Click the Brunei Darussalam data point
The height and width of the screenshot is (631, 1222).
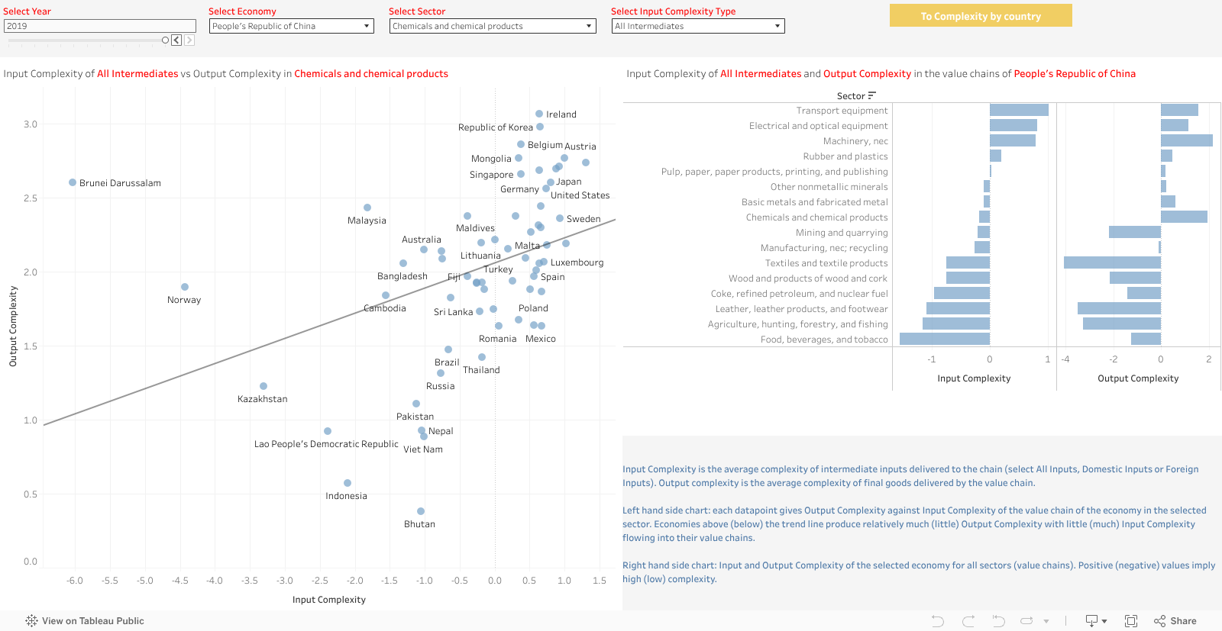(x=73, y=182)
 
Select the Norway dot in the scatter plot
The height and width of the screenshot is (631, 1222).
(x=185, y=287)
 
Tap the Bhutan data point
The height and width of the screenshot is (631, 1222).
(x=421, y=511)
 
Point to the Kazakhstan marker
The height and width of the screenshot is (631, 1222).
(x=263, y=386)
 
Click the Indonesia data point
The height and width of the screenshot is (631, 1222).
(x=348, y=483)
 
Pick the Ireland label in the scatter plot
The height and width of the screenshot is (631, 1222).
(x=561, y=114)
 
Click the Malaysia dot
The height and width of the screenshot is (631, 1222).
(x=367, y=208)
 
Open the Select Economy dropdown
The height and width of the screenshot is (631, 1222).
(x=291, y=26)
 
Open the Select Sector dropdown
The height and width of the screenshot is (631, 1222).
(x=492, y=26)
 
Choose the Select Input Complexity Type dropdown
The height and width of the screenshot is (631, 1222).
(x=697, y=26)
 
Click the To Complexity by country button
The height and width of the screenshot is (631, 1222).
(x=981, y=16)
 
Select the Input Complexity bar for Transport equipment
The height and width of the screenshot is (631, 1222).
(x=1019, y=110)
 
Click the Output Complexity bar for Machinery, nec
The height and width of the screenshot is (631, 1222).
(x=1186, y=140)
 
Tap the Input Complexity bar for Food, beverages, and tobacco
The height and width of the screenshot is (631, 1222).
(x=945, y=339)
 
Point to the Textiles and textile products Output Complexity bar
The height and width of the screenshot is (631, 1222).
(x=1112, y=262)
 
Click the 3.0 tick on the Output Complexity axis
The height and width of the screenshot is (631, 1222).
(x=31, y=124)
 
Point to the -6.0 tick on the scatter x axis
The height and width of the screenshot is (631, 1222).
(x=75, y=581)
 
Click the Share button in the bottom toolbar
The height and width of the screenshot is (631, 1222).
(x=1175, y=621)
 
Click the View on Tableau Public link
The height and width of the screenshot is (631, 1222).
(x=85, y=621)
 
